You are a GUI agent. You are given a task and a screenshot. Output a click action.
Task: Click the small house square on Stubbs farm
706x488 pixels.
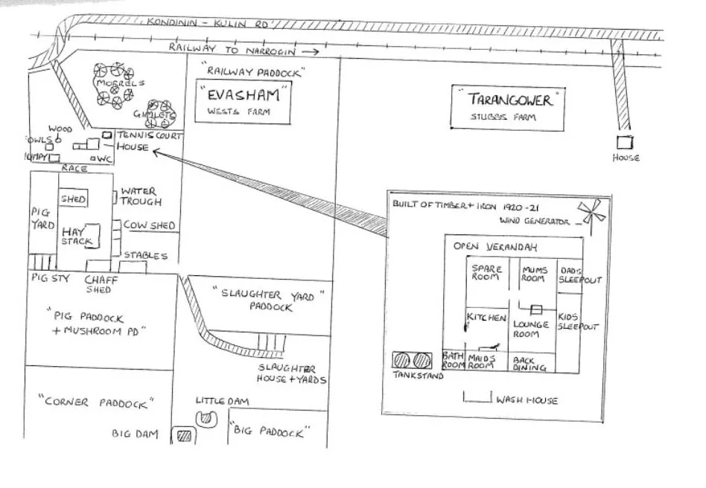[624, 142]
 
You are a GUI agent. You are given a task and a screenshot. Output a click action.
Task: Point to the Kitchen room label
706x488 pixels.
[486, 318]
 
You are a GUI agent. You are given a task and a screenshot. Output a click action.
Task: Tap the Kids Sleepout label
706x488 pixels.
[578, 321]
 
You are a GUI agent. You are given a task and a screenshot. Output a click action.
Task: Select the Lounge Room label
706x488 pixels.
[531, 329]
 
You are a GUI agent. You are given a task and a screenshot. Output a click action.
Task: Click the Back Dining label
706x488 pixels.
[530, 364]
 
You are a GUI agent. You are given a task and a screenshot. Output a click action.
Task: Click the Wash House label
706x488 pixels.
[527, 400]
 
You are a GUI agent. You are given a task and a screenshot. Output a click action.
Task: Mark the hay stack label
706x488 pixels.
[77, 237]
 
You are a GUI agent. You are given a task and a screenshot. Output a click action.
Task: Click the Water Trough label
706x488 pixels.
[139, 196]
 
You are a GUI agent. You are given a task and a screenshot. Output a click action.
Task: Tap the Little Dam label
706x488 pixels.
[222, 401]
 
